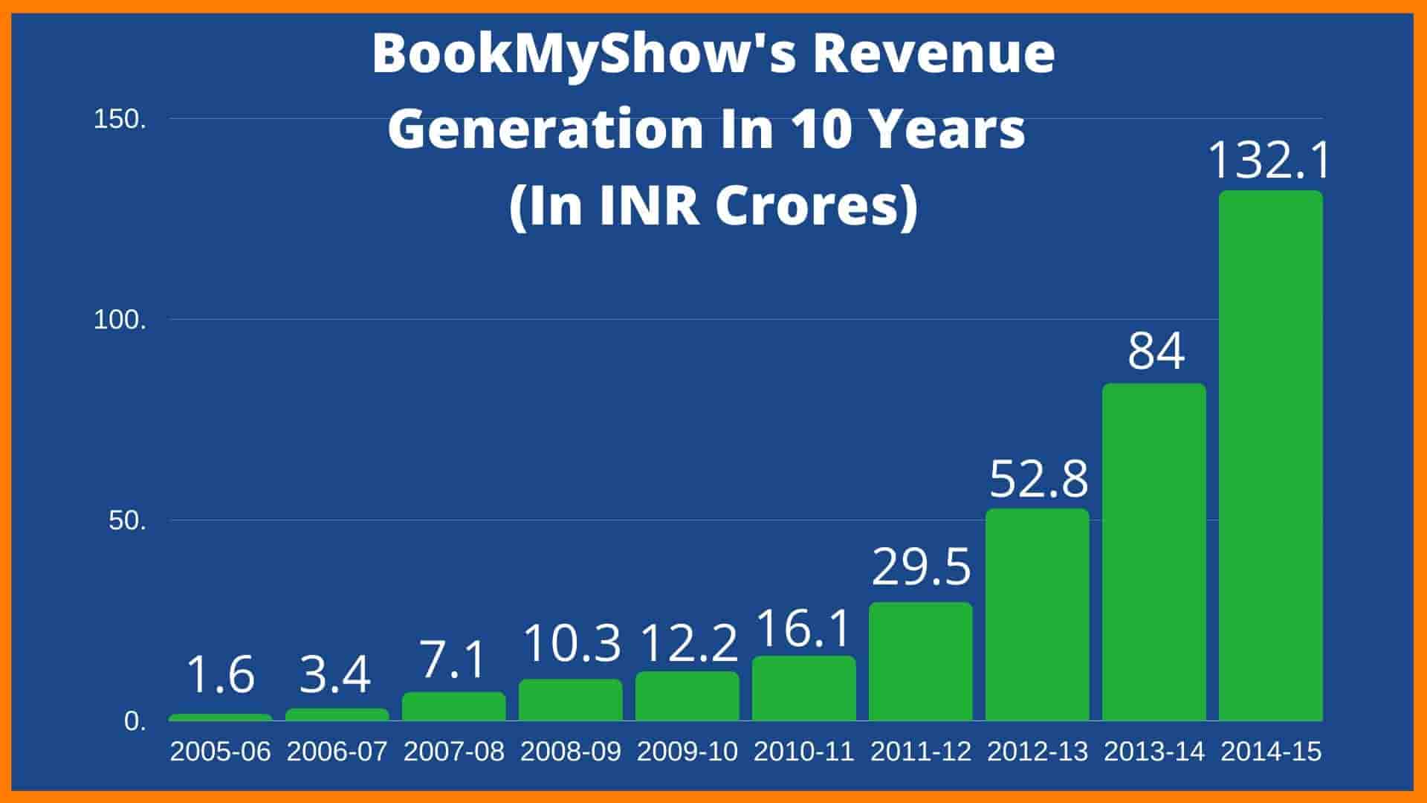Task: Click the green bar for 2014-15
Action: [1271, 455]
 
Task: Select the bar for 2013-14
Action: [1154, 552]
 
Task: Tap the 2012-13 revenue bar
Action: [1038, 615]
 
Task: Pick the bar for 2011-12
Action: [921, 661]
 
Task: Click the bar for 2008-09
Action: [571, 700]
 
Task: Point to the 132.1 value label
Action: [1269, 160]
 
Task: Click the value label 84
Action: [1156, 352]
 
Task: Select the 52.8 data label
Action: [1038, 479]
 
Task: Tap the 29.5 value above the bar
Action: [922, 567]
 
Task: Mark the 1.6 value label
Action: [221, 674]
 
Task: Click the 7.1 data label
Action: [453, 660]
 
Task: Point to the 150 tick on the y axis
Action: [120, 120]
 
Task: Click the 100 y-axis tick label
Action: [120, 320]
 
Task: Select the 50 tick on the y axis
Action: [127, 520]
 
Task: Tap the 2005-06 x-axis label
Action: [221, 752]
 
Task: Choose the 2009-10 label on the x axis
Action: [687, 752]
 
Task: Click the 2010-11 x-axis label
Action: [804, 752]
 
